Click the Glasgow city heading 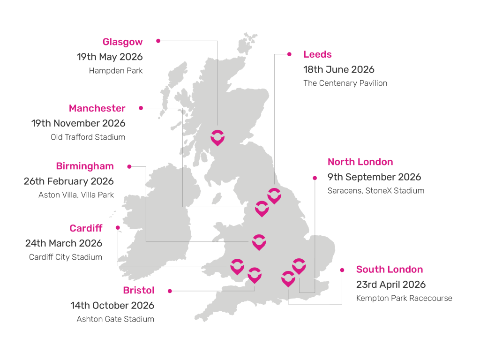point(122,42)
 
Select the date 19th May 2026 point(110,57)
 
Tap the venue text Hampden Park point(116,71)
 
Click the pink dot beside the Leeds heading point(289,54)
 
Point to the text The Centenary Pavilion point(345,83)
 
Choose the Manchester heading point(97,108)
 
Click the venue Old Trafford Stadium point(88,137)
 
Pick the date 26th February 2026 point(69,181)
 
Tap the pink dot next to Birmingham point(129,166)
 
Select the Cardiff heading point(86,228)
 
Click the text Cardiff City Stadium point(66,257)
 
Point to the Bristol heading point(139,291)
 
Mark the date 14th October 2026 point(112,306)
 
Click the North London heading point(360,162)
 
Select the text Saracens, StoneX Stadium point(376,191)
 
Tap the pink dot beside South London point(342,270)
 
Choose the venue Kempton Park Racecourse point(404,298)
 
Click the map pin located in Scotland point(217,137)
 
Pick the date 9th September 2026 point(374,177)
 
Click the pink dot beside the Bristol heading point(170,291)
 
